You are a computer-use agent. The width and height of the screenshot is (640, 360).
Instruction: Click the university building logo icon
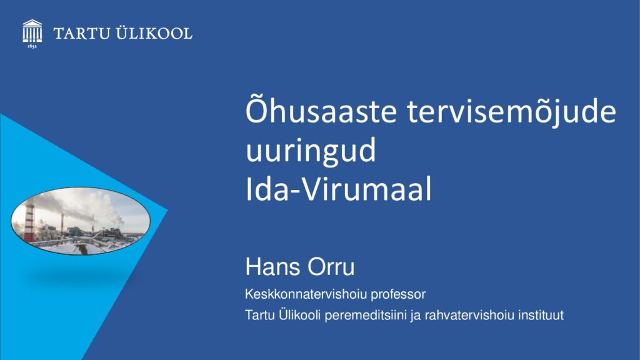pyautogui.click(x=32, y=31)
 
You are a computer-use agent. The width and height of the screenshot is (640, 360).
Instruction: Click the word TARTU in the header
pyautogui.click(x=82, y=34)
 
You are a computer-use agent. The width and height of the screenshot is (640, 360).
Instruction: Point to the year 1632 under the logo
pyautogui.click(x=32, y=46)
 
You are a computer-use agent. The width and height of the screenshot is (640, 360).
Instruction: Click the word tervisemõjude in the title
pyautogui.click(x=511, y=111)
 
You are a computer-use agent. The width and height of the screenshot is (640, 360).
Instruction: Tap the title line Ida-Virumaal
pyautogui.click(x=338, y=189)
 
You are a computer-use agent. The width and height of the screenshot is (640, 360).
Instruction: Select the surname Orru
pyautogui.click(x=331, y=266)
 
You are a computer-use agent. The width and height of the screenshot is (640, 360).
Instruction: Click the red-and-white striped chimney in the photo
pyautogui.click(x=29, y=223)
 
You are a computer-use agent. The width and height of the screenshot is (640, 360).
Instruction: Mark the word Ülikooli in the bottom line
pyautogui.click(x=300, y=315)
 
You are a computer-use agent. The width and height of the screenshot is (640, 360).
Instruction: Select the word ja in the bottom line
pyautogui.click(x=416, y=316)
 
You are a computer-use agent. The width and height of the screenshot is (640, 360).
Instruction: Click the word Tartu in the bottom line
pyautogui.click(x=260, y=315)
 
